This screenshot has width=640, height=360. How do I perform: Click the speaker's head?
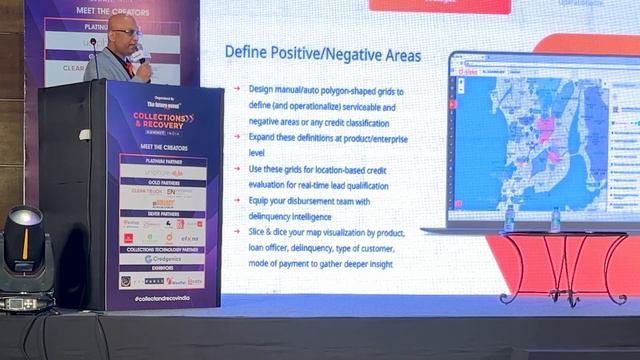(x=124, y=31)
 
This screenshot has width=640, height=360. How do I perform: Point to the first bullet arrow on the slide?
(x=237, y=88)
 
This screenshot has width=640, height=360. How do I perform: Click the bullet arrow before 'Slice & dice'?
(x=237, y=233)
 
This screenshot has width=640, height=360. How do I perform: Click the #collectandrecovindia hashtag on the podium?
(x=162, y=298)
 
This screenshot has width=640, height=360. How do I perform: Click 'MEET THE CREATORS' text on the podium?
(x=163, y=148)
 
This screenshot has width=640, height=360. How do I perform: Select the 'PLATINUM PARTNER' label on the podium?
(x=163, y=160)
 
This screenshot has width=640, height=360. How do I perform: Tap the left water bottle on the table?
(x=509, y=218)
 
